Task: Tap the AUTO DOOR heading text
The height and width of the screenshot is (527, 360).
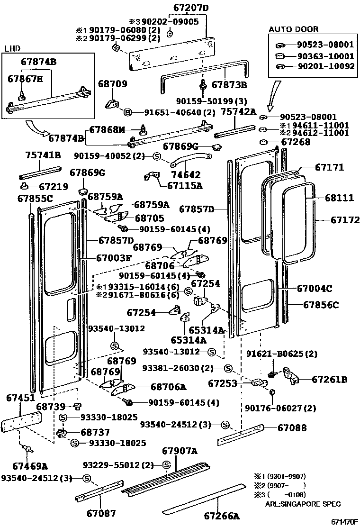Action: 294,29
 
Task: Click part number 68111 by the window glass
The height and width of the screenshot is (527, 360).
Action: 339,198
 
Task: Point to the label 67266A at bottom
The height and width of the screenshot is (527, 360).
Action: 222,516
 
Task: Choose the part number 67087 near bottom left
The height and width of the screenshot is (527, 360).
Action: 101,512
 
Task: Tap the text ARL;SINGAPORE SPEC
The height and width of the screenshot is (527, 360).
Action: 303,504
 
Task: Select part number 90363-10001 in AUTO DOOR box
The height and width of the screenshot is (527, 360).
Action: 325,55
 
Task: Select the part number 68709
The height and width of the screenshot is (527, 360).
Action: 113,84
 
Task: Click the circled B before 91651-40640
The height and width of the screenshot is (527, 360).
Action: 127,113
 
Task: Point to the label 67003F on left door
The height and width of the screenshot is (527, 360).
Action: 114,258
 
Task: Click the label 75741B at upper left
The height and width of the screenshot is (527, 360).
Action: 43,155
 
